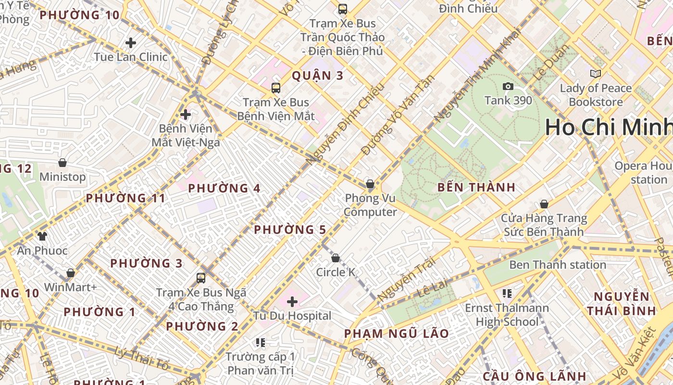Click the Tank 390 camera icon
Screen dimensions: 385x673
[x=508, y=87]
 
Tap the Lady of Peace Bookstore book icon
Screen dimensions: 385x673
[x=595, y=74]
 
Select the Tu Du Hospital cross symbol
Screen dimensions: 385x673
[x=292, y=302]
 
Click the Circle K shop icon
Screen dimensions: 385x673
[x=336, y=258]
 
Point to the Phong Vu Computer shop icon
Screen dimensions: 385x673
[x=370, y=184]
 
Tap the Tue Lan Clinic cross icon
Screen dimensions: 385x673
[x=131, y=43]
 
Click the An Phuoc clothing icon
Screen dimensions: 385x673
[x=42, y=236]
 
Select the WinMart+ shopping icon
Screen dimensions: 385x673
[x=71, y=273]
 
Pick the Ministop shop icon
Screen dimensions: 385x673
[x=62, y=163]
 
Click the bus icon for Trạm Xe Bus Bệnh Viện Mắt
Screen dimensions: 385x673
[x=276, y=88]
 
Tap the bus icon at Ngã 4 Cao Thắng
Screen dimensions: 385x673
[x=201, y=278]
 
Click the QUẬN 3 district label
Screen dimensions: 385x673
[x=318, y=76]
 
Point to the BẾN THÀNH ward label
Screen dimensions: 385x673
[x=476, y=187]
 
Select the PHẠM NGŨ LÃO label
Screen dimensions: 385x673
[x=397, y=334]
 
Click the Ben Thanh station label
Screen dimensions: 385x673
[x=557, y=265]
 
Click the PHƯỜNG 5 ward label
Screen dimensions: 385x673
[x=290, y=230]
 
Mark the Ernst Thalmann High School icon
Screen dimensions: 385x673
[x=507, y=293]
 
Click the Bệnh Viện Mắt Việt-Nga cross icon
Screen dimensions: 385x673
[x=186, y=115]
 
